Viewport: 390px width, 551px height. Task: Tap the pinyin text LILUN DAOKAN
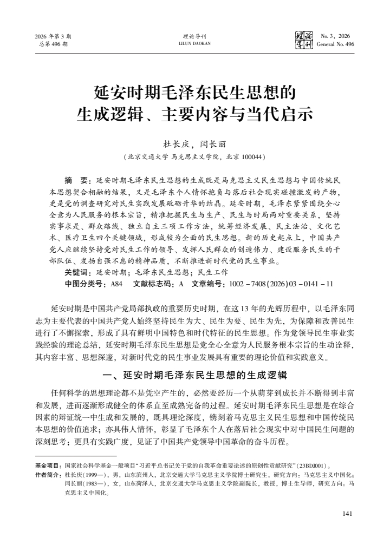(195, 44)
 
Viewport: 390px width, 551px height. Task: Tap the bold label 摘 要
(77, 179)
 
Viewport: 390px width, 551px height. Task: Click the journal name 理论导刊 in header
(195, 36)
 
